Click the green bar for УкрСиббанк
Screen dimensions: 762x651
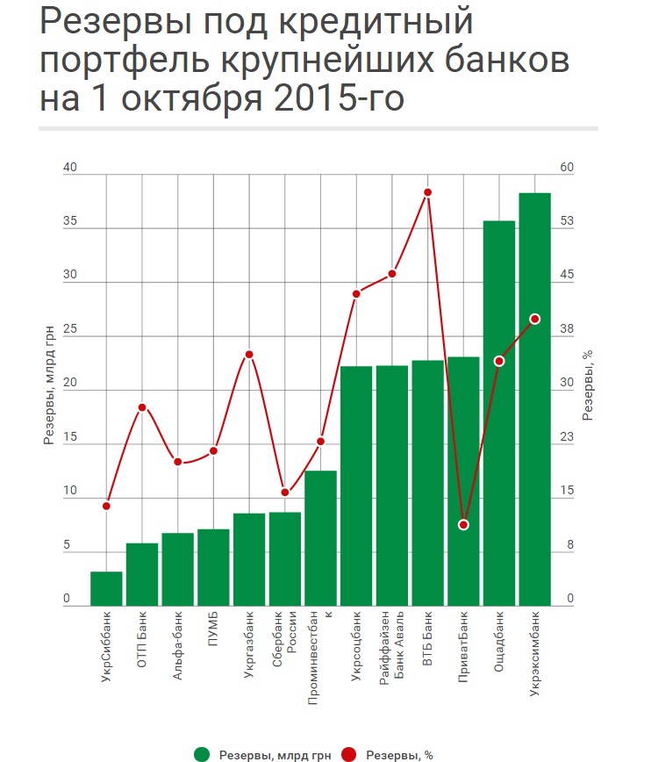click(x=106, y=588)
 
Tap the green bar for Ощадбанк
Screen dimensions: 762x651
click(x=498, y=413)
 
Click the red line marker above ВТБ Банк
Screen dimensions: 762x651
click(x=427, y=192)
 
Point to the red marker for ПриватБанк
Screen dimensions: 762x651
click(x=463, y=525)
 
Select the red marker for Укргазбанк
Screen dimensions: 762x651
click(x=249, y=355)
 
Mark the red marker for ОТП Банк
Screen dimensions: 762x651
click(x=142, y=407)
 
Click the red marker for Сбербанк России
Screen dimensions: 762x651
click(x=284, y=492)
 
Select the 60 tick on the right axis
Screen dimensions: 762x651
click(x=566, y=168)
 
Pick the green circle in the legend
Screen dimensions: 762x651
click(x=203, y=753)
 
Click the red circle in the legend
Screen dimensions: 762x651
click(x=349, y=753)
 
